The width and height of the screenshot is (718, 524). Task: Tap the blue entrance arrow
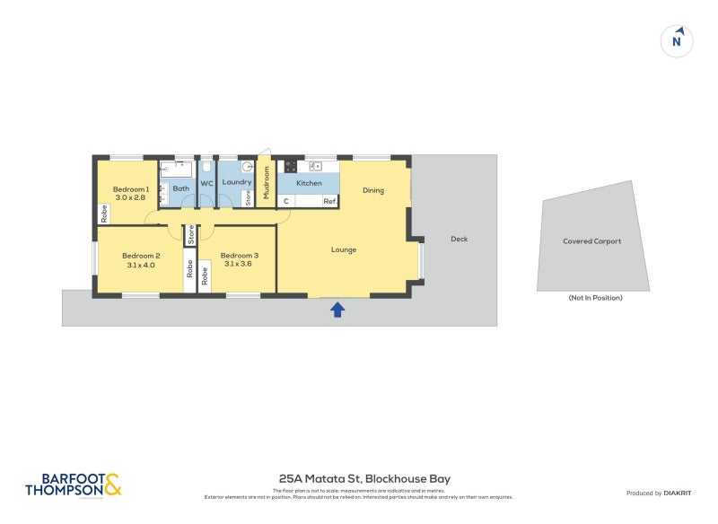[x=337, y=310]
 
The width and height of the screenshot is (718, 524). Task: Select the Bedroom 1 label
[x=130, y=188]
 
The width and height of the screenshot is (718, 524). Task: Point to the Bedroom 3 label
[x=239, y=254]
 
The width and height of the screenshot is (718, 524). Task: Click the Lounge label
[x=344, y=249]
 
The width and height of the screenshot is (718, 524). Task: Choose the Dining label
[x=373, y=190]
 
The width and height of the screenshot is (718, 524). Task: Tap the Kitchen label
[x=309, y=183]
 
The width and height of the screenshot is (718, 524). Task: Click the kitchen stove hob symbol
[x=291, y=166]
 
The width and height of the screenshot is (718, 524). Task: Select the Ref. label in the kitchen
[x=329, y=201]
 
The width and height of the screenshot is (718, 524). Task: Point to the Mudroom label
[x=267, y=182]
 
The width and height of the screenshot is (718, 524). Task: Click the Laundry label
[x=236, y=183]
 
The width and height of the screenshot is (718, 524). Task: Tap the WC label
[x=206, y=183]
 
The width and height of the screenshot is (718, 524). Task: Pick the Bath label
[x=180, y=188]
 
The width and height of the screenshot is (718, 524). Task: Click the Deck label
[x=460, y=239]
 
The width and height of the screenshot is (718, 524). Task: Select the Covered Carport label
[x=591, y=241]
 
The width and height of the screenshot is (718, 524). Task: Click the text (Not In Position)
[x=595, y=298]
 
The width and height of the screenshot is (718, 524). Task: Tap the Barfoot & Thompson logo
[x=73, y=485]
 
